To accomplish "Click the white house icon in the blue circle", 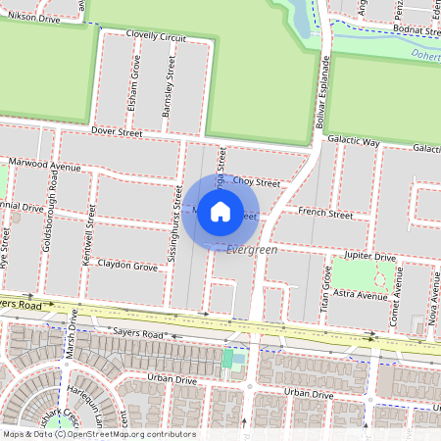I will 220,212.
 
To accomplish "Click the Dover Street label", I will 117,130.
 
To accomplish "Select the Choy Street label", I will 258,182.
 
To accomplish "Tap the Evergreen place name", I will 252,251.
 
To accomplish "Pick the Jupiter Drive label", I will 370,255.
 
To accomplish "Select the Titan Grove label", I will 324,291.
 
